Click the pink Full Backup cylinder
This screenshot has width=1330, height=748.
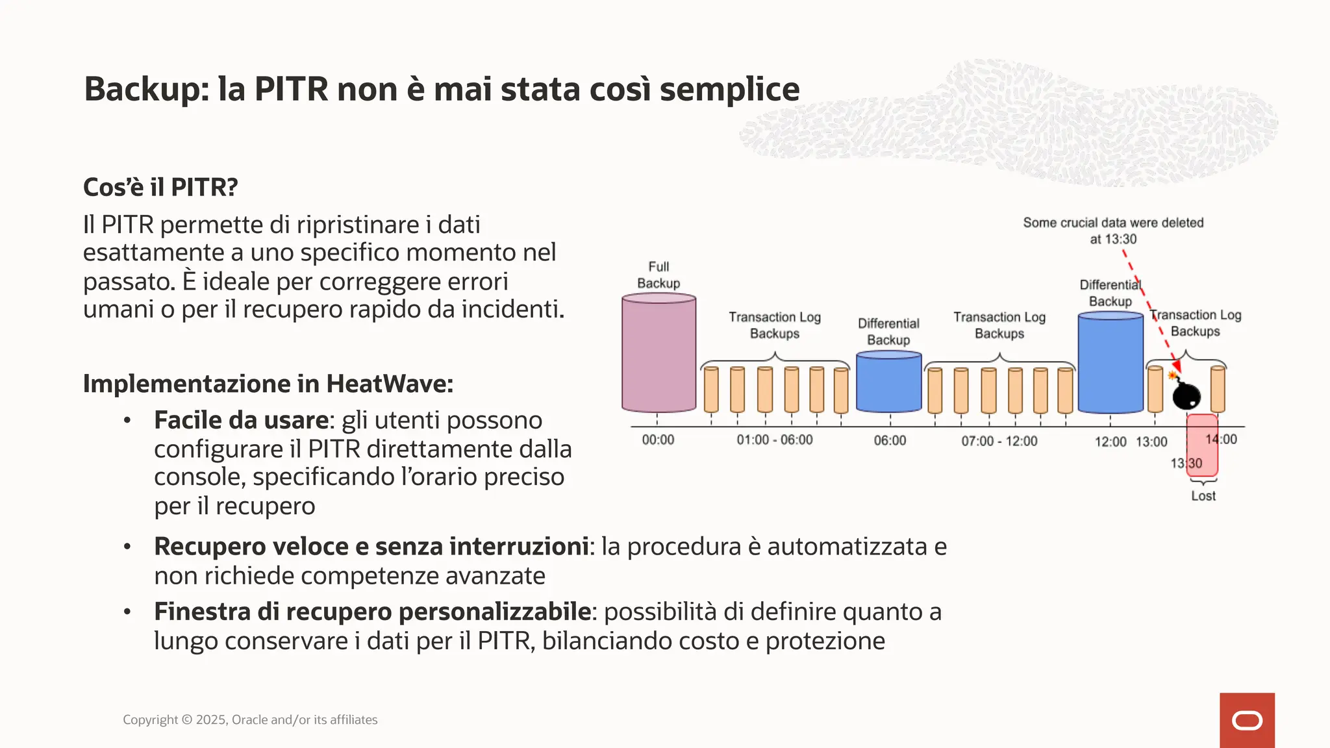(x=659, y=354)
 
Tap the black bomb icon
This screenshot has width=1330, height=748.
(x=1186, y=394)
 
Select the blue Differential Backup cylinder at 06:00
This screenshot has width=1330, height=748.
(x=888, y=383)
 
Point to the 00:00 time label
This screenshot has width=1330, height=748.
(x=658, y=440)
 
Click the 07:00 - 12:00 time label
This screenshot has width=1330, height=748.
(x=999, y=442)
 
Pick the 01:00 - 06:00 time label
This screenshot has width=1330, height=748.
(x=774, y=440)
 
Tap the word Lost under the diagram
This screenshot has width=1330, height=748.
(x=1203, y=496)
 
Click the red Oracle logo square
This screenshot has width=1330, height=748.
(x=1247, y=720)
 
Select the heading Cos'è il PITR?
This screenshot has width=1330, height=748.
(x=160, y=188)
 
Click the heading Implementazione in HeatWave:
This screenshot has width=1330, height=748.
(x=268, y=384)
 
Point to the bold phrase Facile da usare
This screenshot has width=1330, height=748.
(x=241, y=421)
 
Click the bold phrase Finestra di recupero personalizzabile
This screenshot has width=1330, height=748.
(x=372, y=612)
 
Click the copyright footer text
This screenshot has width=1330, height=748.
(x=250, y=720)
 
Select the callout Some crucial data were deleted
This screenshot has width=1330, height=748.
(x=1112, y=223)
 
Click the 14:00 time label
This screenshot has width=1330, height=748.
(x=1221, y=440)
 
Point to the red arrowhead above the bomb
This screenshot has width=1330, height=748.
(x=1175, y=367)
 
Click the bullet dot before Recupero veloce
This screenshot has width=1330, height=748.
(x=127, y=547)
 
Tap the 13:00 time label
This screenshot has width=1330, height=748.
(x=1151, y=442)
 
